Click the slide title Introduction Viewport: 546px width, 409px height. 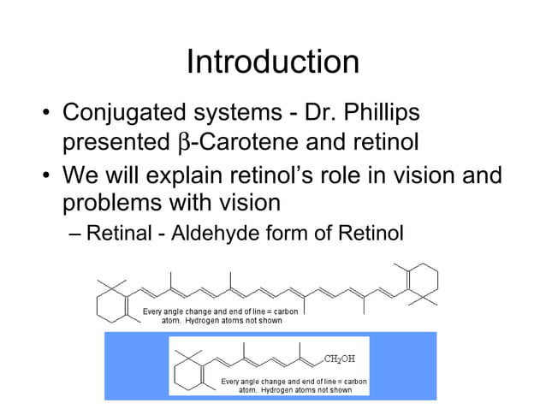[x=272, y=62]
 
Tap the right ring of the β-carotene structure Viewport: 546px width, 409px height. [x=420, y=282]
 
